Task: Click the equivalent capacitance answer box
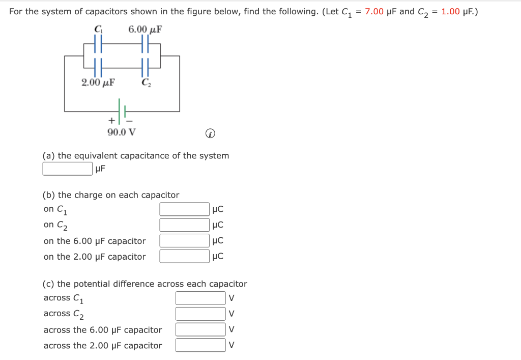[x=67, y=169]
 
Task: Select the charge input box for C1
[x=184, y=209]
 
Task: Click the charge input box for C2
[x=184, y=225]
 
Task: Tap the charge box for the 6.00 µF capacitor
[x=184, y=241]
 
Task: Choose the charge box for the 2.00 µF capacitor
[x=184, y=257]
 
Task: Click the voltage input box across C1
[x=200, y=298]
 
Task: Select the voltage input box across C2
[x=200, y=314]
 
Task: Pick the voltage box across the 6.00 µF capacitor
[x=200, y=330]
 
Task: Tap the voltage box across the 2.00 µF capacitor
[x=200, y=346]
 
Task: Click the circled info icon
[x=210, y=134]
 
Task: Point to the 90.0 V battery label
[x=122, y=132]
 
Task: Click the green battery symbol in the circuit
[x=122, y=110]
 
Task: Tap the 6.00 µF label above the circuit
[x=145, y=29]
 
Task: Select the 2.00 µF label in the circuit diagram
[x=98, y=82]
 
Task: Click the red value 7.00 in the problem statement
[x=374, y=12]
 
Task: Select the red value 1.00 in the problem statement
[x=451, y=12]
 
